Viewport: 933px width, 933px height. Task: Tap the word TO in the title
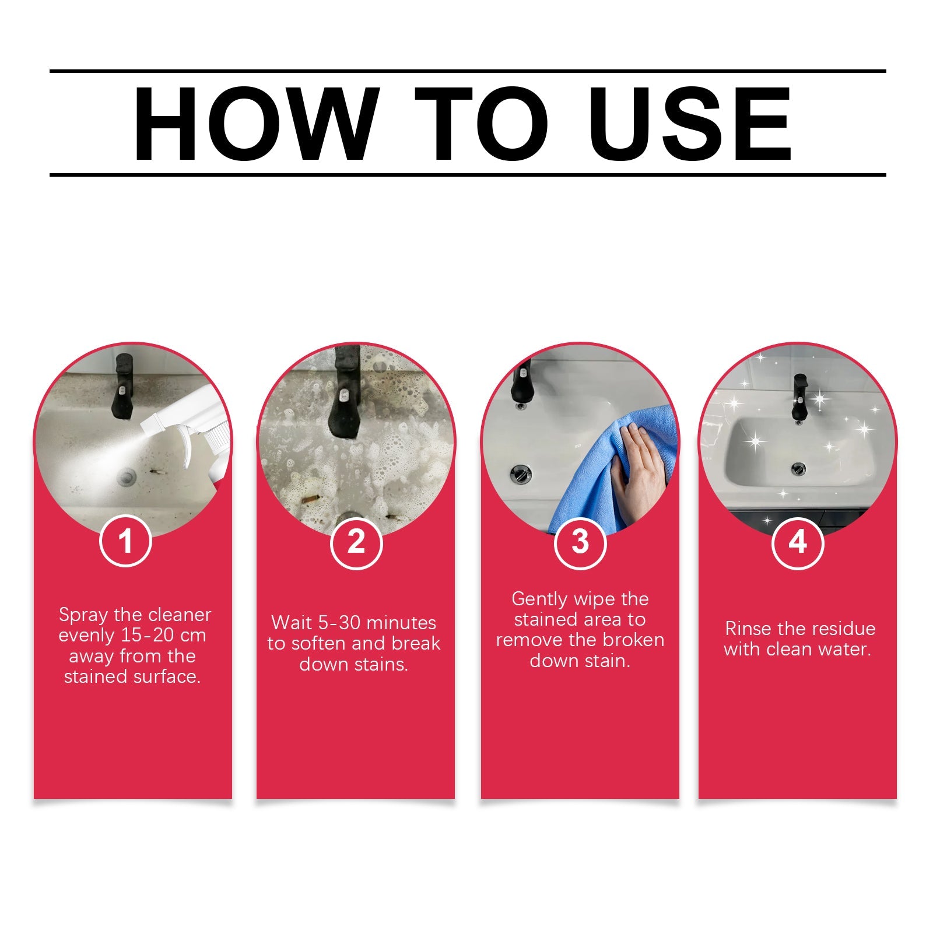click(481, 124)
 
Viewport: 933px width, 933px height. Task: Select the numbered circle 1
click(125, 542)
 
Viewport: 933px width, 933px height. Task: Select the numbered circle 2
click(356, 542)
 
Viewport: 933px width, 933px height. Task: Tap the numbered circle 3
click(580, 542)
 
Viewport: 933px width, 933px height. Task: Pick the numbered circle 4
click(797, 542)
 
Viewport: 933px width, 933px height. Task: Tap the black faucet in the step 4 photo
click(799, 397)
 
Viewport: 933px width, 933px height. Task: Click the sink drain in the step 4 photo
click(798, 468)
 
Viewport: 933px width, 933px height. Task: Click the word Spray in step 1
click(83, 615)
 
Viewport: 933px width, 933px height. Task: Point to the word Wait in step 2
click(292, 623)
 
